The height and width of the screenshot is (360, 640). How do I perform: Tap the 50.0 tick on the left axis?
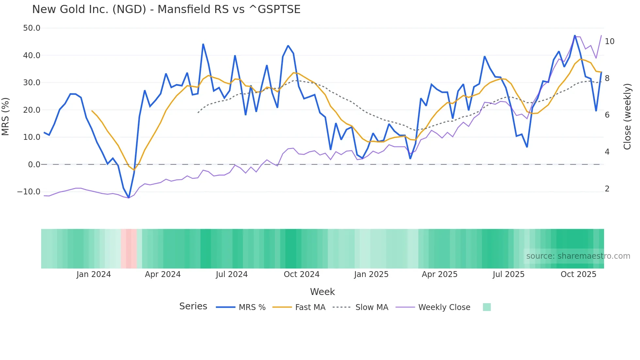click(32, 28)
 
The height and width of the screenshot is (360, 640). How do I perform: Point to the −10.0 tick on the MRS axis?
click(29, 192)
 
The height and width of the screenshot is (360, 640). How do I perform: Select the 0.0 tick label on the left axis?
click(34, 165)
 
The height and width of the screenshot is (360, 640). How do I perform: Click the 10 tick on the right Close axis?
click(609, 41)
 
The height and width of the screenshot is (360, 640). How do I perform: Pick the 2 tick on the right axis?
click(607, 189)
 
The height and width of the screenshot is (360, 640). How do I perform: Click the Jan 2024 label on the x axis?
click(94, 274)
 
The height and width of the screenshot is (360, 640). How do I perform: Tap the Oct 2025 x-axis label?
click(578, 274)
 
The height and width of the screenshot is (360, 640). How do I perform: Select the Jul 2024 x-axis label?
click(232, 274)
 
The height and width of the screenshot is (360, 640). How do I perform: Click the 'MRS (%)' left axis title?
click(6, 117)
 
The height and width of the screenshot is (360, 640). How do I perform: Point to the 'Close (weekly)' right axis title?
click(627, 117)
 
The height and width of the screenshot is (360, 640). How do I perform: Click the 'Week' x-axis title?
click(322, 292)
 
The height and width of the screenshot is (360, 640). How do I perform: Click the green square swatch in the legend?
click(487, 307)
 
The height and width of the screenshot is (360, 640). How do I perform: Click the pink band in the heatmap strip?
click(129, 249)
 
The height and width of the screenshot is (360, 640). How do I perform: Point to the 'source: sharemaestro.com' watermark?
click(578, 256)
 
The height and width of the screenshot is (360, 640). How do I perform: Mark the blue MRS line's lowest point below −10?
click(129, 198)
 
